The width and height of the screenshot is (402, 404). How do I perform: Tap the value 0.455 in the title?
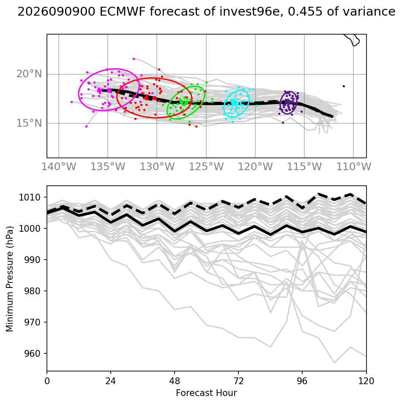click(x=305, y=12)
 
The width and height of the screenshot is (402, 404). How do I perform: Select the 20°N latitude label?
click(x=29, y=74)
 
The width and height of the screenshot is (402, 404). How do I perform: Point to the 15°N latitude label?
click(x=29, y=123)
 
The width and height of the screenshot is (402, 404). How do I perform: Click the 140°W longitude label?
click(x=59, y=167)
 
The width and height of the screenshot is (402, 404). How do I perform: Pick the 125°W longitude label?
click(x=206, y=167)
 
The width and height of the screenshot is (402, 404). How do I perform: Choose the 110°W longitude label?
click(x=353, y=167)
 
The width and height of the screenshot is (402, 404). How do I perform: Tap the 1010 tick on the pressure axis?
click(x=30, y=198)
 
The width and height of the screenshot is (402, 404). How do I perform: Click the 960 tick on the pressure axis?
click(x=32, y=353)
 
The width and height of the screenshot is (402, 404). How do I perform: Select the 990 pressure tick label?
click(x=32, y=260)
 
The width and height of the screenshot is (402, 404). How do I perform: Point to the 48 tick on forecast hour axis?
click(x=175, y=381)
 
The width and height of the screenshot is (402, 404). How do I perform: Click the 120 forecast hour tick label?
click(x=366, y=381)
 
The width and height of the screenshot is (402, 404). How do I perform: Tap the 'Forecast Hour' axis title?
click(x=206, y=393)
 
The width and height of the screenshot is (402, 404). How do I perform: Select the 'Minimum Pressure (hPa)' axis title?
click(x=10, y=279)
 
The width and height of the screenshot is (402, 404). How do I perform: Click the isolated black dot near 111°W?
click(x=344, y=86)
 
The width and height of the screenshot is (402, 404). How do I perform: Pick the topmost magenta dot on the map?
click(x=134, y=59)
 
